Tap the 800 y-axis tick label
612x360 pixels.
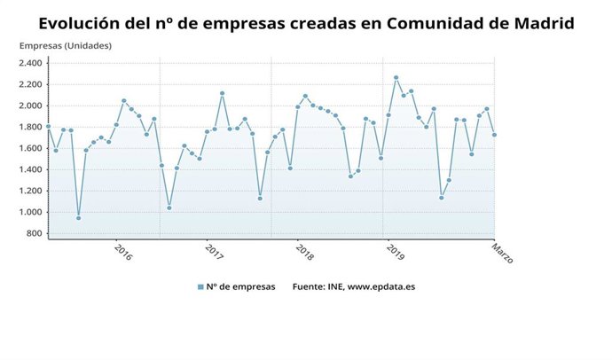[34, 233]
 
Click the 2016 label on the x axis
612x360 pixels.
[123, 253]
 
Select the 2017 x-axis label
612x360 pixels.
[214, 253]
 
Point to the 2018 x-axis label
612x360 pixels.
[304, 253]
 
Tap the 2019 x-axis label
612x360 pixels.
[395, 253]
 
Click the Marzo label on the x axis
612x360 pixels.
[503, 254]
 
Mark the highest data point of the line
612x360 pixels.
[396, 77]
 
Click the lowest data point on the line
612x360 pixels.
[78, 218]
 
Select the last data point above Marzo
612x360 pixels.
[494, 135]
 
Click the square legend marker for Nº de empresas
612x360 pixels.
[201, 286]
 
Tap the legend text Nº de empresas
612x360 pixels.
[241, 286]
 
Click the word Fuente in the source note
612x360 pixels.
[308, 286]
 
